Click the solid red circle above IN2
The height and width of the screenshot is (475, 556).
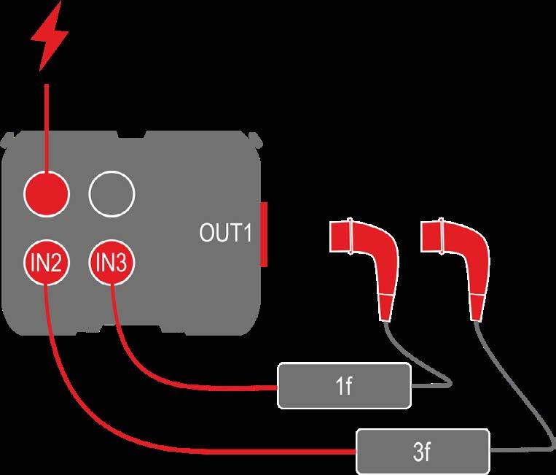(x=46, y=193)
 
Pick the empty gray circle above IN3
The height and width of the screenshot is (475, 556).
(x=111, y=193)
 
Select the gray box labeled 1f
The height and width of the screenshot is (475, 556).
(x=345, y=386)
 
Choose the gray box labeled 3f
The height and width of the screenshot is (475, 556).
(x=423, y=452)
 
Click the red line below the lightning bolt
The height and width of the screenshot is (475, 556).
(x=47, y=124)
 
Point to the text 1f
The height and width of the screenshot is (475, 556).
(x=345, y=386)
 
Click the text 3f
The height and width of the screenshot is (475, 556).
(x=423, y=452)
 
